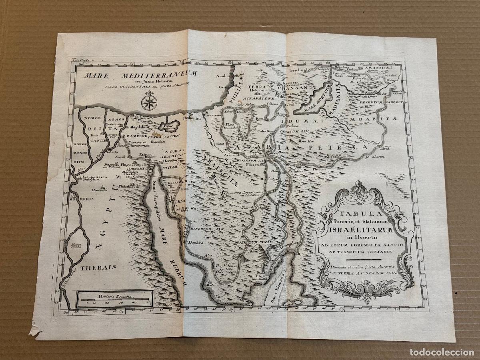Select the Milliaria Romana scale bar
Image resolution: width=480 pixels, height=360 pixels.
point(114,299)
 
